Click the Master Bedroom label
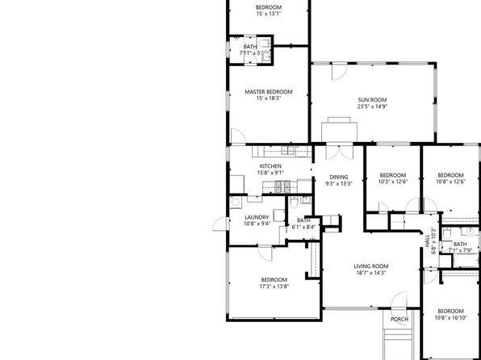269,92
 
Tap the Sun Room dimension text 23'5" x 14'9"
372,107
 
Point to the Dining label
339,177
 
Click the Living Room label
371,266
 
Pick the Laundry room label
257,217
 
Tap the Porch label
399,319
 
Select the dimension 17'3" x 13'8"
274,287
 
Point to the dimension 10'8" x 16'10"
450,318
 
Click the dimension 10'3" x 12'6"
393,182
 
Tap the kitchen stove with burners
282,186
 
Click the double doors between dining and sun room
339,152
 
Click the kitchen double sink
288,150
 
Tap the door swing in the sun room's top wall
340,71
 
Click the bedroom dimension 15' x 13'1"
269,14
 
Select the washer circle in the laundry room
236,203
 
